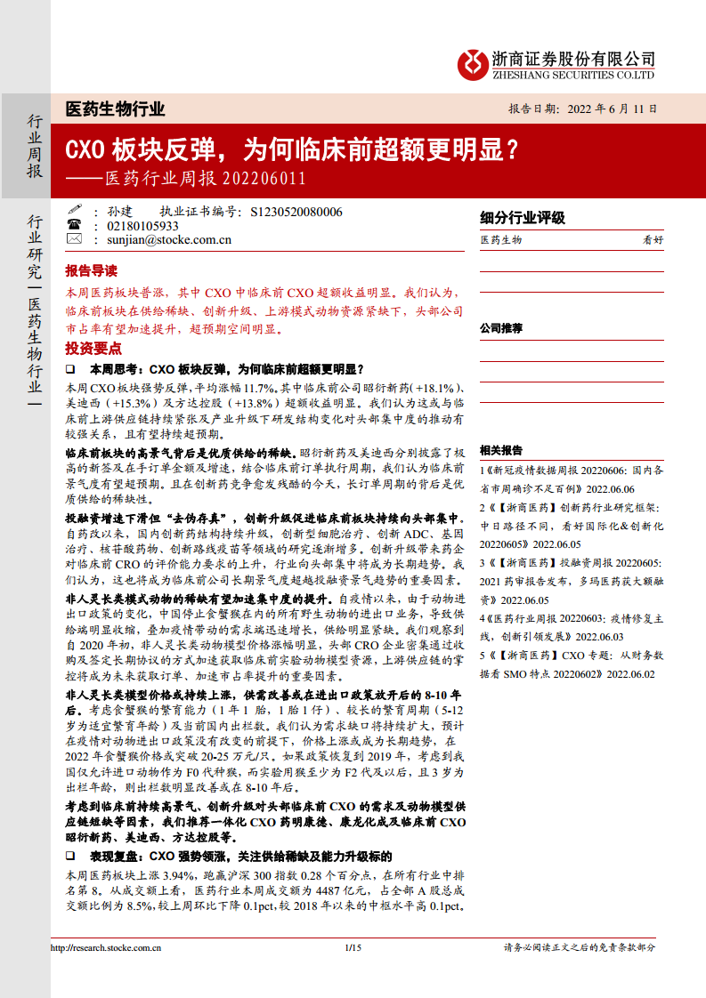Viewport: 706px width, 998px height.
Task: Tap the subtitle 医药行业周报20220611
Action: [206, 178]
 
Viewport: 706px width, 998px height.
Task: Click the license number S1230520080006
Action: [296, 212]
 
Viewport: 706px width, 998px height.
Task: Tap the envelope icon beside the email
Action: [75, 239]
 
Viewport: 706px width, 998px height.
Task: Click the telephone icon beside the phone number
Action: [75, 226]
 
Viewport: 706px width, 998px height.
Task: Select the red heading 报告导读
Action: [91, 271]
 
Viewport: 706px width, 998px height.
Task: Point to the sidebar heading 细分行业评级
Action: [522, 219]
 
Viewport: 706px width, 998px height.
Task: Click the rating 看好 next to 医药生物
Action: [653, 240]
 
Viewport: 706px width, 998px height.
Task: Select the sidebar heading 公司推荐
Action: [501, 328]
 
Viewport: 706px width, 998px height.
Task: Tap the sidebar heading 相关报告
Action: [501, 450]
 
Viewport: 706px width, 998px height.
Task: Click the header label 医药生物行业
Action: [116, 109]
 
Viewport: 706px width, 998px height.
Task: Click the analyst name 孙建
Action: [118, 212]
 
